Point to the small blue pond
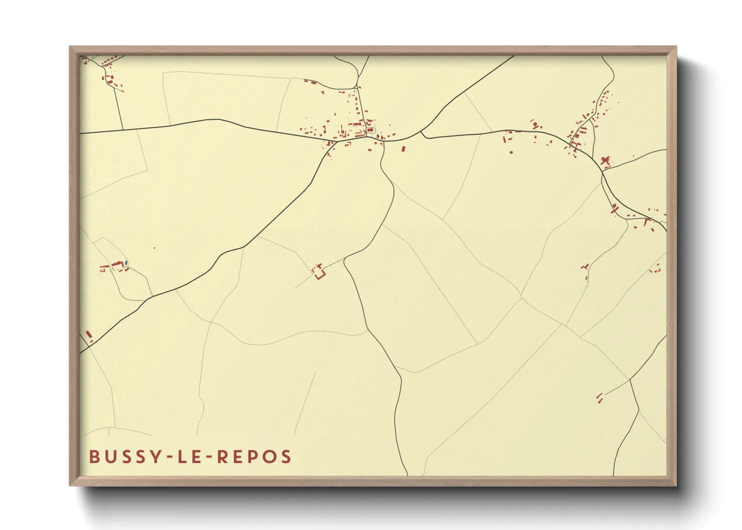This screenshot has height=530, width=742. (126, 262)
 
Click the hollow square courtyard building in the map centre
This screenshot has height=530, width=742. (319, 273)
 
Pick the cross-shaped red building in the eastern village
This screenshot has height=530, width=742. (605, 161)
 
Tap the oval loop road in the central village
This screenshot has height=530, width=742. (371, 130)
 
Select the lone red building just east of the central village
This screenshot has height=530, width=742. (403, 148)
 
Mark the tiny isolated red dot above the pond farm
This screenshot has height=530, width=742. (154, 247)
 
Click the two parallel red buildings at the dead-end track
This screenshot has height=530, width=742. (599, 398)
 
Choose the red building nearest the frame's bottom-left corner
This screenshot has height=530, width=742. (89, 334)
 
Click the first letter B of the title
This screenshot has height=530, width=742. (94, 457)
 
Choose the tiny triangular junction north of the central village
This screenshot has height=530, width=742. (358, 88)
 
